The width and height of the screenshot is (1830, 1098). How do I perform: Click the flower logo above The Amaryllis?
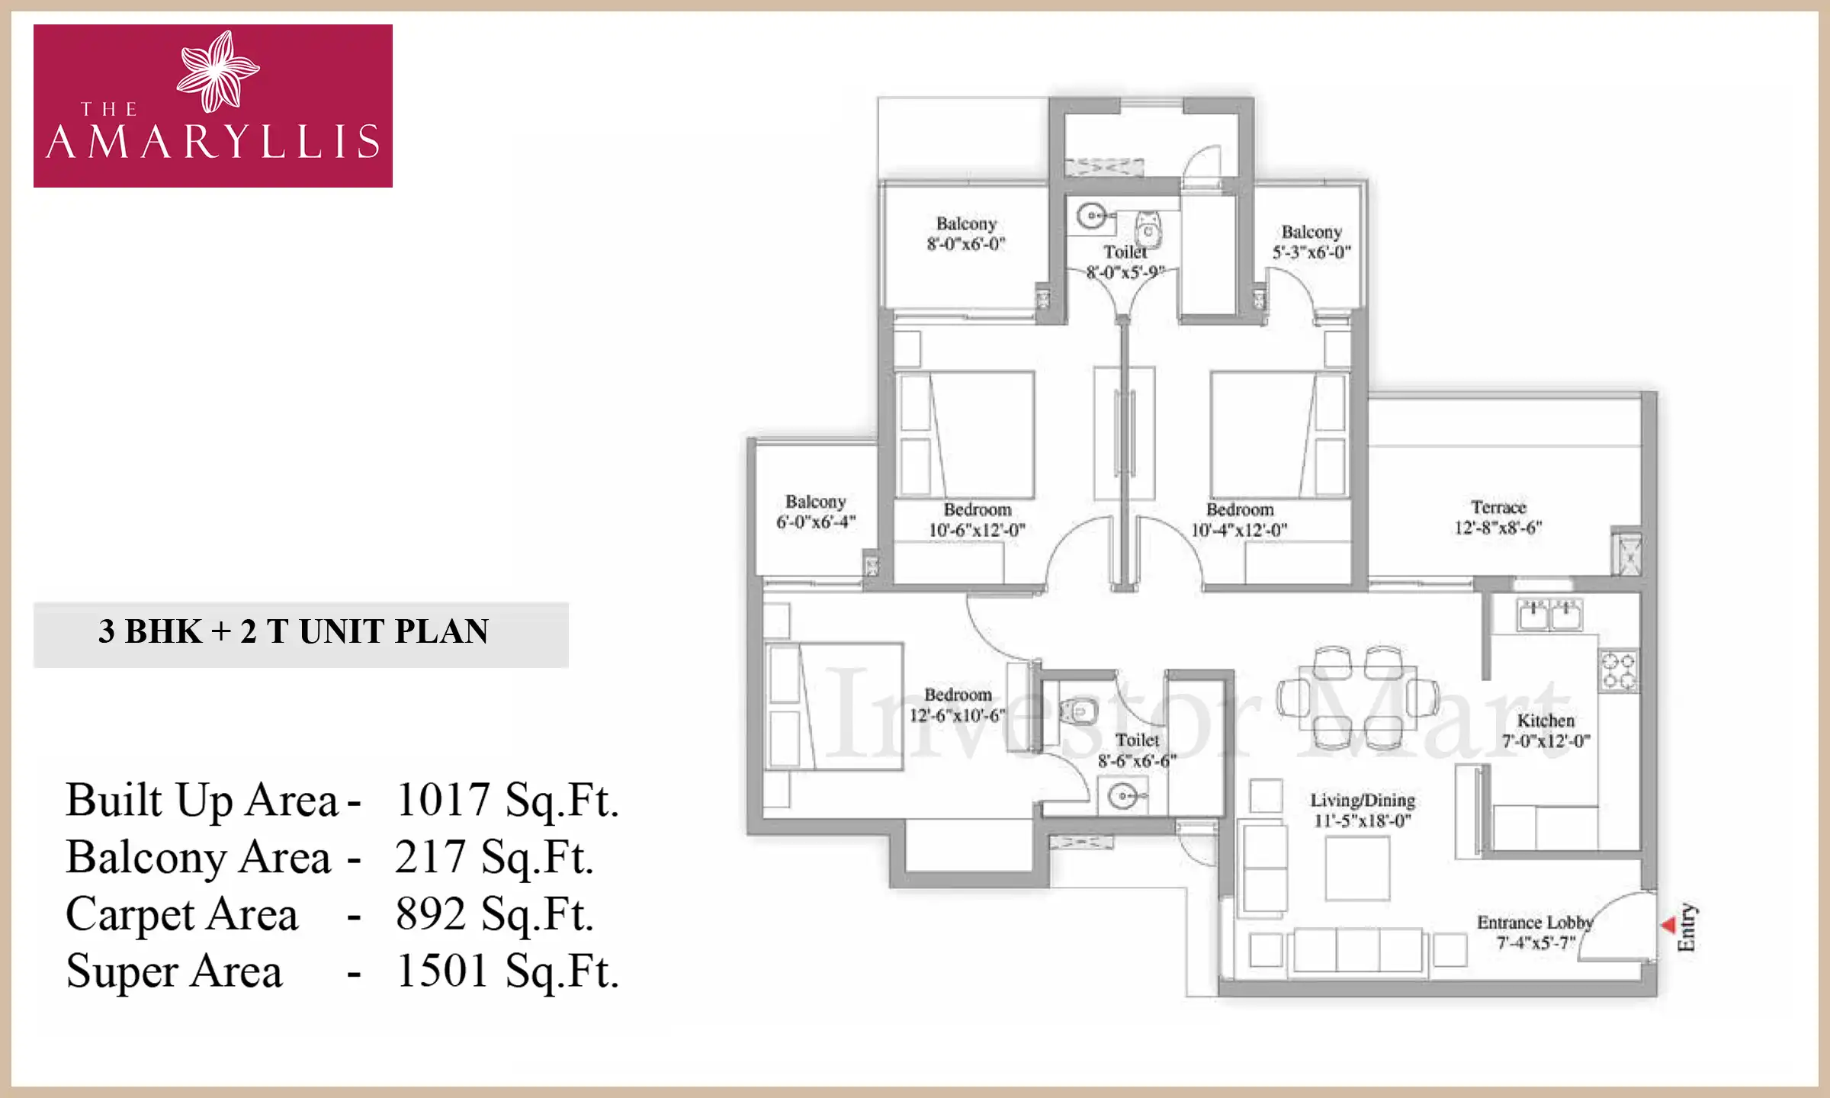[217, 70]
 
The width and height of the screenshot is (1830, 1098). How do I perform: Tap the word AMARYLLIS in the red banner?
[213, 142]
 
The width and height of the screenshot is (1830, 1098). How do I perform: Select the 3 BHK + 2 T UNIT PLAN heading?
[294, 632]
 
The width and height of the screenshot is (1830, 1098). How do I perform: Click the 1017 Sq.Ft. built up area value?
[506, 801]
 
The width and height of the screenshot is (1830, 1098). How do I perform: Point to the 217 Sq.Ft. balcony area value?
[493, 857]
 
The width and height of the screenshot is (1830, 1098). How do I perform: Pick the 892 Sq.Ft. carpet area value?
[493, 914]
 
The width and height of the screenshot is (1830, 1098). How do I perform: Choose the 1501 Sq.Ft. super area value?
[506, 971]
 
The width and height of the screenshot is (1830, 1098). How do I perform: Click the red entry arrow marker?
[1668, 925]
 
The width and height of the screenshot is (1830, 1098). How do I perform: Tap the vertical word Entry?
[1686, 928]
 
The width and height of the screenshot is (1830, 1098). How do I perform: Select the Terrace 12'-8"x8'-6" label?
[1498, 518]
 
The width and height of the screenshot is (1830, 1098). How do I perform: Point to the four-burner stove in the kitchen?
[1618, 670]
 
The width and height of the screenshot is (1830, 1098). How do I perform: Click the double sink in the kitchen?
[1550, 615]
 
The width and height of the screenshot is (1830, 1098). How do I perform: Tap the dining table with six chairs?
[1358, 697]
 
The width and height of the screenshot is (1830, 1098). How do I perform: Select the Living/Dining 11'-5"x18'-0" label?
[1363, 810]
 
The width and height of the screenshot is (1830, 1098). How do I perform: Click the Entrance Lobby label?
[1535, 932]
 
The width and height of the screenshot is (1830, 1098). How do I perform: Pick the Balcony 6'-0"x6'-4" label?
[816, 512]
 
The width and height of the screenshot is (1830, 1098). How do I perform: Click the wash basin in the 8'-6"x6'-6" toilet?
[1122, 797]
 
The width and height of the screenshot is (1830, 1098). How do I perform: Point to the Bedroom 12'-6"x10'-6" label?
[958, 705]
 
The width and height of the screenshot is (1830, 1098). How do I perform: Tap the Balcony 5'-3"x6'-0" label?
[1311, 242]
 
